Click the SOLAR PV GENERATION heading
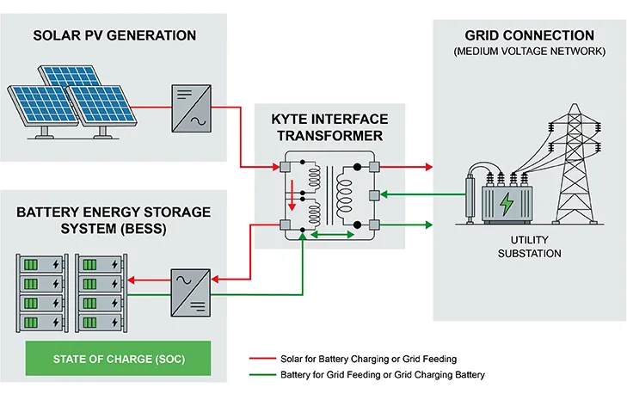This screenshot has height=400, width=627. click(114, 35)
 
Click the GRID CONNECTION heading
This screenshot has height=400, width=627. click(529, 35)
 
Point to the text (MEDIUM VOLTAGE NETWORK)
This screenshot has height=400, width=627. click(529, 52)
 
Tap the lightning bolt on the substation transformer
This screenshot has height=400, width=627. click(506, 205)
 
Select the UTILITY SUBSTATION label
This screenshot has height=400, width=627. click(529, 246)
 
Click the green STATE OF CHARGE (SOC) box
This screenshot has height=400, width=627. click(118, 357)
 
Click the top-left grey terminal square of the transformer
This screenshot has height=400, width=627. click(285, 165)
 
